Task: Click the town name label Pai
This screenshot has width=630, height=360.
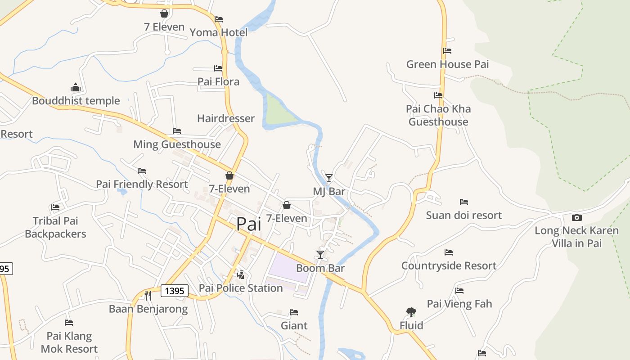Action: [248, 224]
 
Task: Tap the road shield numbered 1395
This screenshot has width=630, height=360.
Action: [174, 291]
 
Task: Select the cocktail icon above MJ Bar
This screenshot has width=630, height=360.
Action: [329, 178]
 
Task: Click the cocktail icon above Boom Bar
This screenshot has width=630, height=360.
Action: [320, 255]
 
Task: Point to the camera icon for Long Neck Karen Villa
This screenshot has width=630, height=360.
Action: [576, 217]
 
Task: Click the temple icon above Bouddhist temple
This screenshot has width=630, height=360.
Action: [75, 87]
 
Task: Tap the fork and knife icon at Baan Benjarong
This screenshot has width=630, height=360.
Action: [148, 295]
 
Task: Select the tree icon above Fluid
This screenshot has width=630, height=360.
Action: [411, 312]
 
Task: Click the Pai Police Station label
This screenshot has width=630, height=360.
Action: [241, 288]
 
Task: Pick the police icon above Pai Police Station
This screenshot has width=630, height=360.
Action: [241, 274]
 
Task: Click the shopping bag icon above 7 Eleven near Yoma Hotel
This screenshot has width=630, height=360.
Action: [164, 13]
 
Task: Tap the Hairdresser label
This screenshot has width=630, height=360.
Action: [226, 118]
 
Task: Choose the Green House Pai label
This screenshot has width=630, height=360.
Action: [447, 64]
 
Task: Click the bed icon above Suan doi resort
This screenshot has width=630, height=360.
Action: [464, 202]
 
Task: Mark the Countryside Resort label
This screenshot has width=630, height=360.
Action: [449, 265]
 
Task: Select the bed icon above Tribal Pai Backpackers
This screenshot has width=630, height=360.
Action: [55, 207]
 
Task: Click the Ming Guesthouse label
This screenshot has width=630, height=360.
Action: [177, 144]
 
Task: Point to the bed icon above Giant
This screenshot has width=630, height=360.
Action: [294, 312]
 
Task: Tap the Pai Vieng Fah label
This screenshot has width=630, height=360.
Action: [459, 304]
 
